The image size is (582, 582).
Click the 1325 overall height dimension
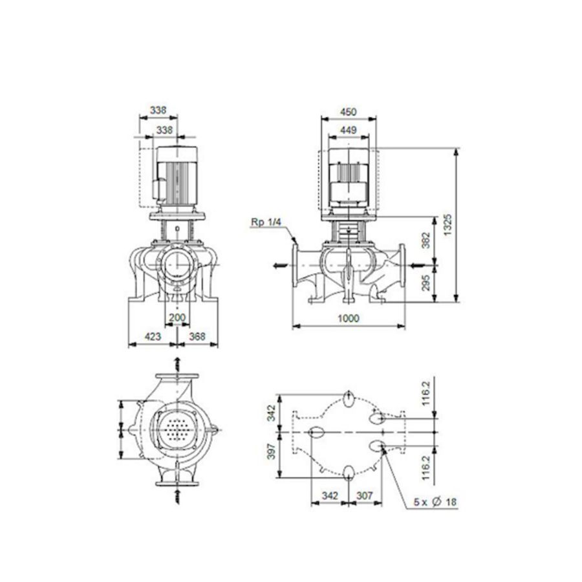pyautogui.click(x=448, y=224)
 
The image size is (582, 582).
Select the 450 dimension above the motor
pyautogui.click(x=348, y=112)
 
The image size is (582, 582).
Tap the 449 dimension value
pyautogui.click(x=348, y=130)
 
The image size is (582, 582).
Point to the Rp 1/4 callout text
pyautogui.click(x=266, y=222)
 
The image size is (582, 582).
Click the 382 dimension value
pyautogui.click(x=426, y=240)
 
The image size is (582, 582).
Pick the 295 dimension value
pyautogui.click(x=426, y=283)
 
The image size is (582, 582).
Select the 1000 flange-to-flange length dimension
pyautogui.click(x=348, y=318)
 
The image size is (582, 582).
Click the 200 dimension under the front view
pyautogui.click(x=177, y=318)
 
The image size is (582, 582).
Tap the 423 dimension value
pyautogui.click(x=153, y=337)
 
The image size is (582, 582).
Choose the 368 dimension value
pyautogui.click(x=197, y=337)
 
